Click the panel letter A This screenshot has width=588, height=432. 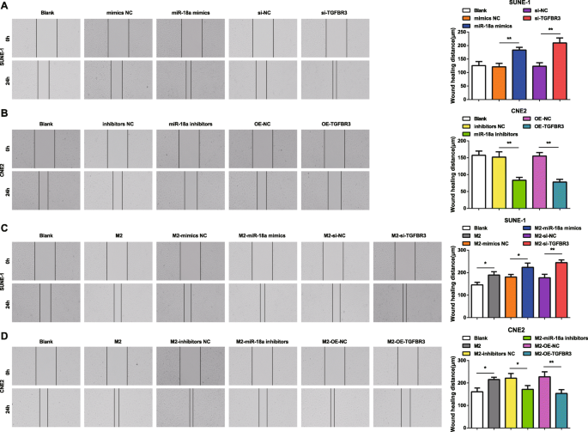[5, 5]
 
